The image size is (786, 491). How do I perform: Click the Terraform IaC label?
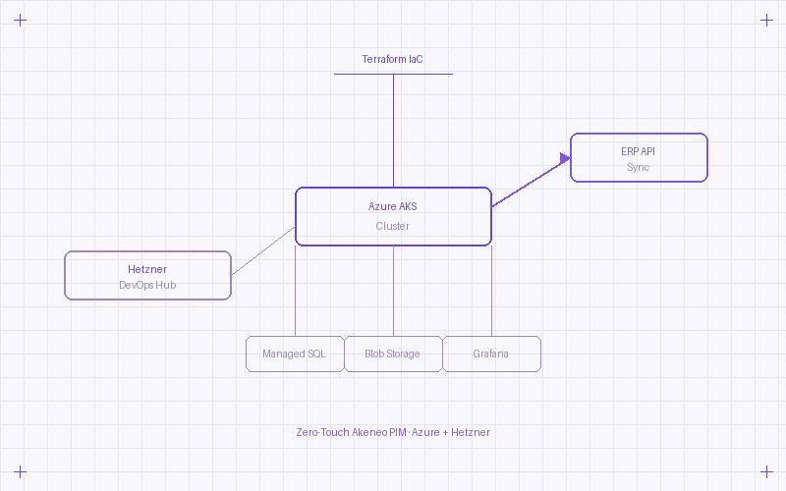(x=393, y=60)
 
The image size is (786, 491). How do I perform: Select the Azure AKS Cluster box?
(x=393, y=216)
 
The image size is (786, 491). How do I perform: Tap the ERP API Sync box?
(x=639, y=158)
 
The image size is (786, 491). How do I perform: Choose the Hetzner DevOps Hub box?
(x=147, y=275)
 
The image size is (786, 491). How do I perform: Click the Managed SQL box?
(x=295, y=354)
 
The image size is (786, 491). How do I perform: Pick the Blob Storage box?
(x=393, y=354)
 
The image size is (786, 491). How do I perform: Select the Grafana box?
(x=491, y=354)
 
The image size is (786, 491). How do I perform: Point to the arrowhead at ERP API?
(x=566, y=158)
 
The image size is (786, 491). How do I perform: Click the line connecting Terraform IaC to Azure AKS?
(x=393, y=128)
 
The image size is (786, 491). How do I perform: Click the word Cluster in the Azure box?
(x=393, y=226)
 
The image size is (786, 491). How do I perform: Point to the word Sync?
(x=639, y=168)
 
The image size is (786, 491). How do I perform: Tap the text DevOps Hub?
(x=147, y=286)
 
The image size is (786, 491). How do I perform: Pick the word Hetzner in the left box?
(x=147, y=269)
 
